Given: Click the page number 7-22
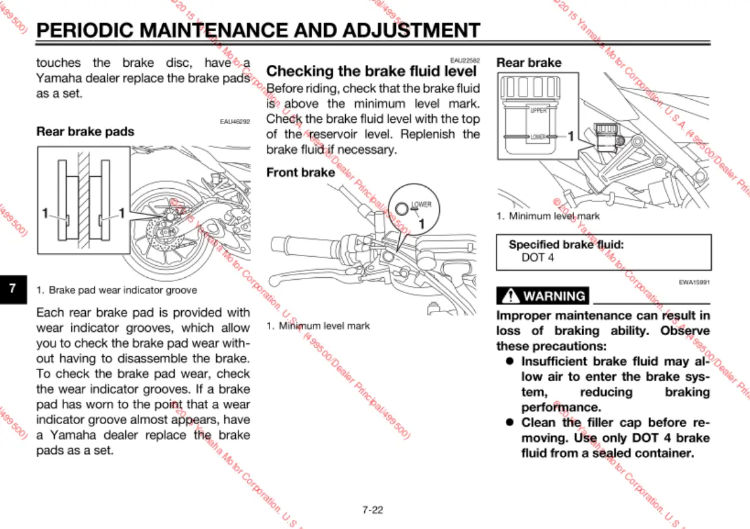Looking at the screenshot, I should click(x=372, y=509).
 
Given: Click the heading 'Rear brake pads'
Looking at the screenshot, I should click(x=85, y=132).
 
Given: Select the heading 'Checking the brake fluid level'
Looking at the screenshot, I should click(x=371, y=71).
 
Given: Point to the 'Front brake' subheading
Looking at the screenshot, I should click(x=300, y=172).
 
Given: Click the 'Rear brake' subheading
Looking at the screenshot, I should click(x=529, y=62).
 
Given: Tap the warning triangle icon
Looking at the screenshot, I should click(x=510, y=296).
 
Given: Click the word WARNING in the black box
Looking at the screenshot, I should click(x=554, y=296).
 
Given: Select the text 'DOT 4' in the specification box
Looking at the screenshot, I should click(x=537, y=258).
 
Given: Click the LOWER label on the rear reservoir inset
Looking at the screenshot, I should click(x=537, y=137).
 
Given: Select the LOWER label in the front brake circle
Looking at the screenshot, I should click(x=421, y=205).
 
